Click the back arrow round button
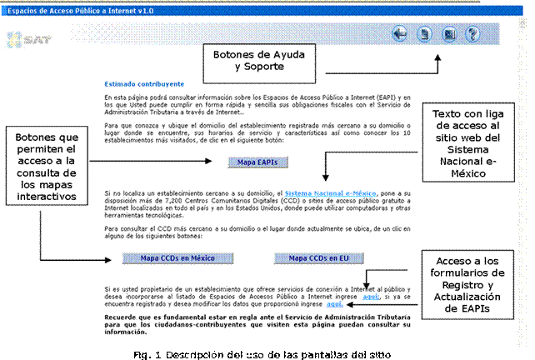point(400,34)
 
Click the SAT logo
point(26,38)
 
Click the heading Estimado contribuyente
point(144,83)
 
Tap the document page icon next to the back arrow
point(425,34)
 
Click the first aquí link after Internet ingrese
point(372,296)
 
